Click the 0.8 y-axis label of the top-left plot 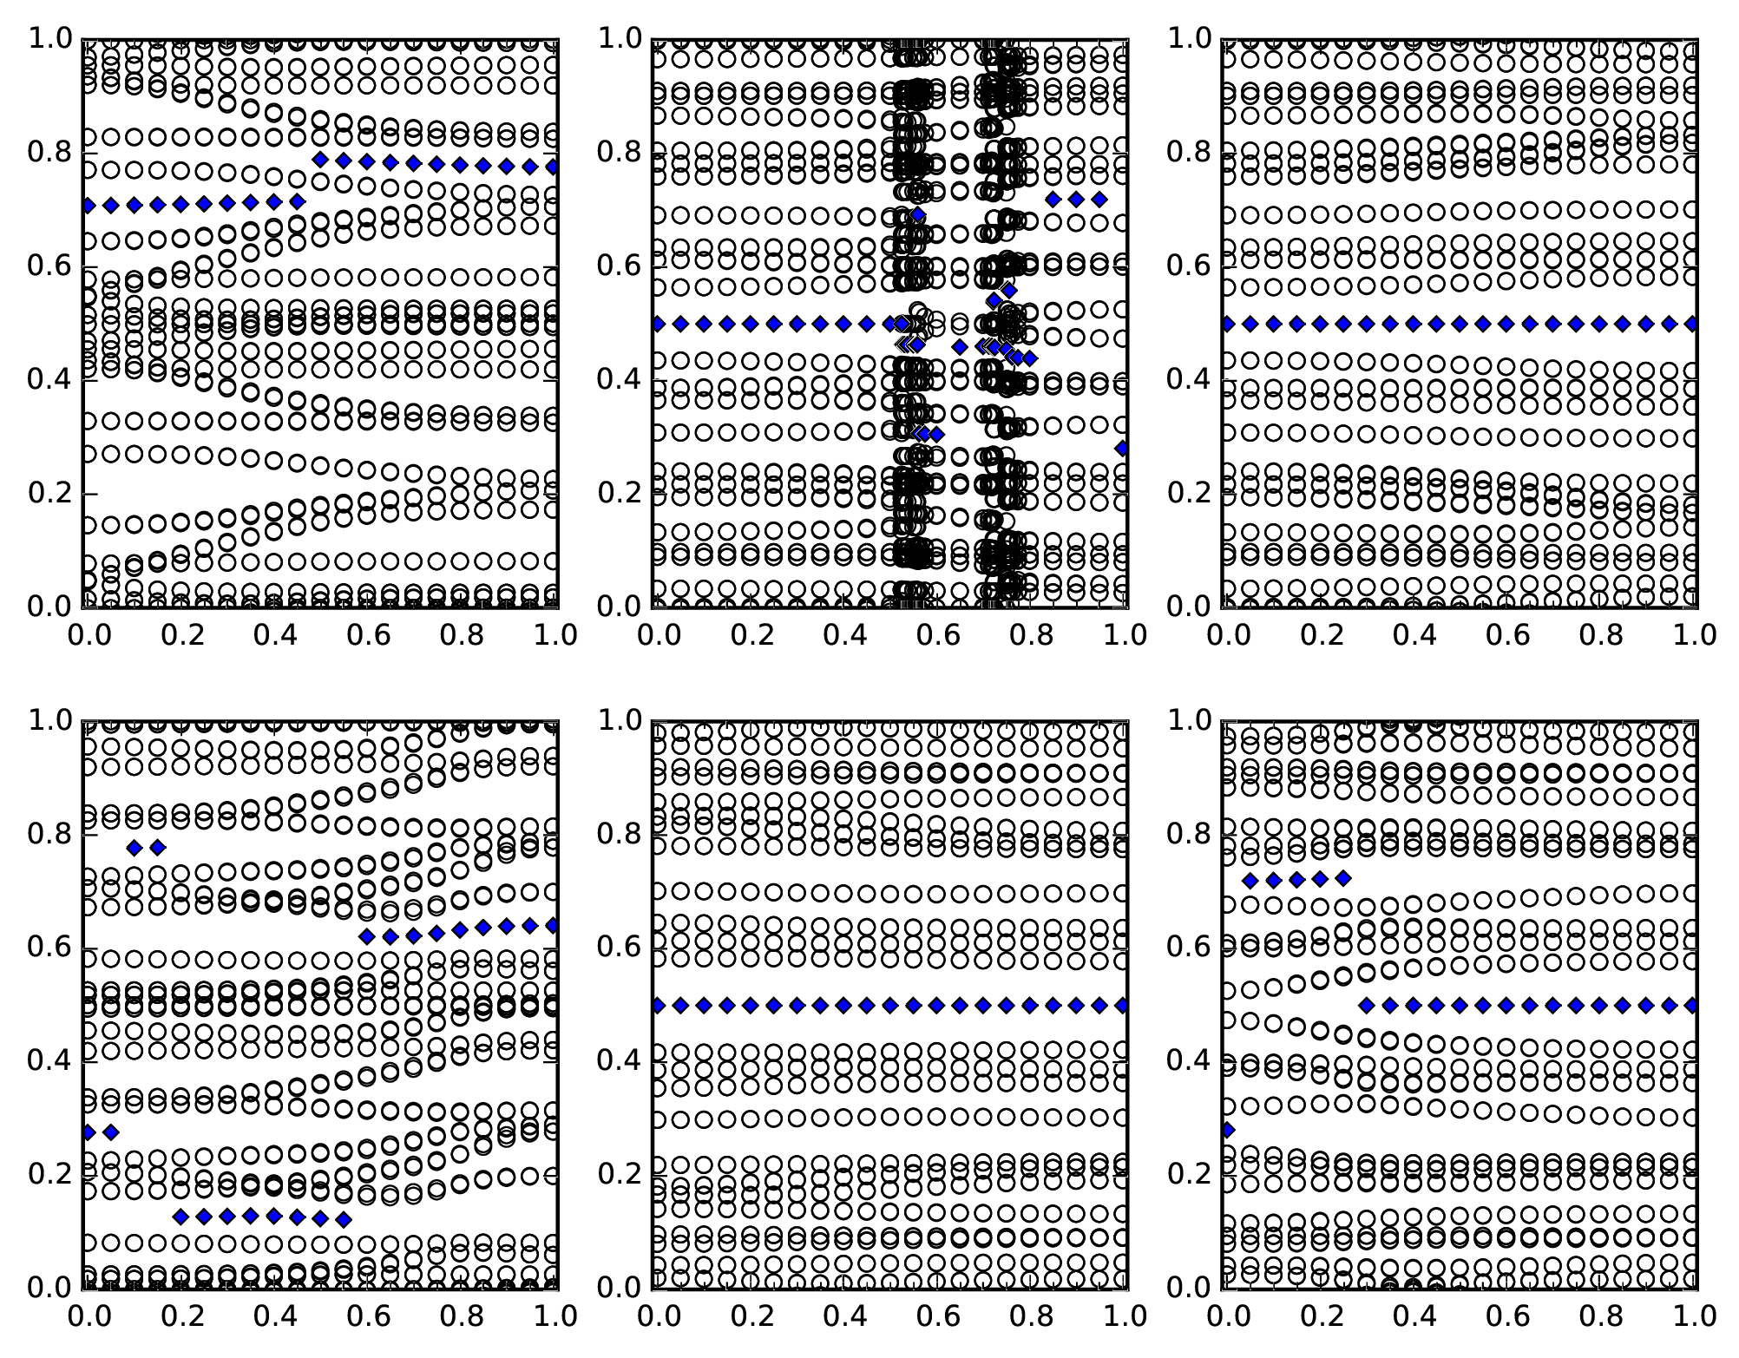tap(50, 153)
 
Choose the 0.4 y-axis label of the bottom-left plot tap(50, 1061)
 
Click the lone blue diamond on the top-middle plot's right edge tap(1122, 449)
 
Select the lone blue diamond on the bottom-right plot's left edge tap(1227, 1130)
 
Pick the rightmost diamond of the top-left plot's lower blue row tap(297, 201)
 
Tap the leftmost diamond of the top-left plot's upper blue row tap(320, 159)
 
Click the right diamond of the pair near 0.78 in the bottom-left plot tap(157, 848)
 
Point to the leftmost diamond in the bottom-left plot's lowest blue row tap(180, 1217)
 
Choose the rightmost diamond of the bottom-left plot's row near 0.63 tap(553, 926)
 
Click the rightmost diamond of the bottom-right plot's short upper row tap(1343, 878)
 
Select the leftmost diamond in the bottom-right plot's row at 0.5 tap(1367, 1006)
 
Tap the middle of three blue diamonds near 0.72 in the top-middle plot tap(1076, 200)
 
